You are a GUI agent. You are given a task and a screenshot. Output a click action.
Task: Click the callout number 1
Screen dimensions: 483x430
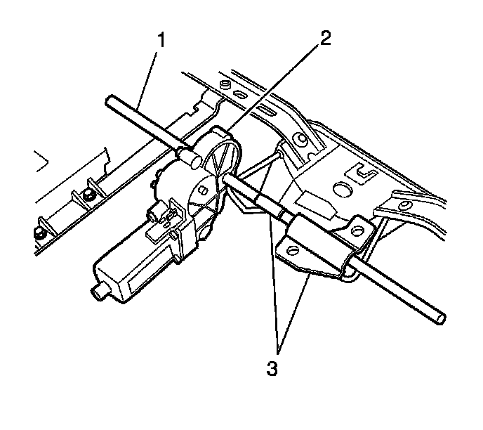(x=161, y=40)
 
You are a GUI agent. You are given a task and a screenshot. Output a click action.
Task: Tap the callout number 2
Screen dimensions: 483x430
(x=324, y=37)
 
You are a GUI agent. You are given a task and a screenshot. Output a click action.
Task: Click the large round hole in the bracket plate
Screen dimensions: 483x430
(x=345, y=190)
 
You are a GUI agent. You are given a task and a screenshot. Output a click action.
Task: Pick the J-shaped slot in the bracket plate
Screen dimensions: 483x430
(x=365, y=171)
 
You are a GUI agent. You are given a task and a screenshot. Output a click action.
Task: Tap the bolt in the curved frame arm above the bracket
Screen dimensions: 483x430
(x=302, y=141)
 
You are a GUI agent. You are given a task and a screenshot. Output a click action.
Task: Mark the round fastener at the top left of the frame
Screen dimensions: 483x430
(x=223, y=85)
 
